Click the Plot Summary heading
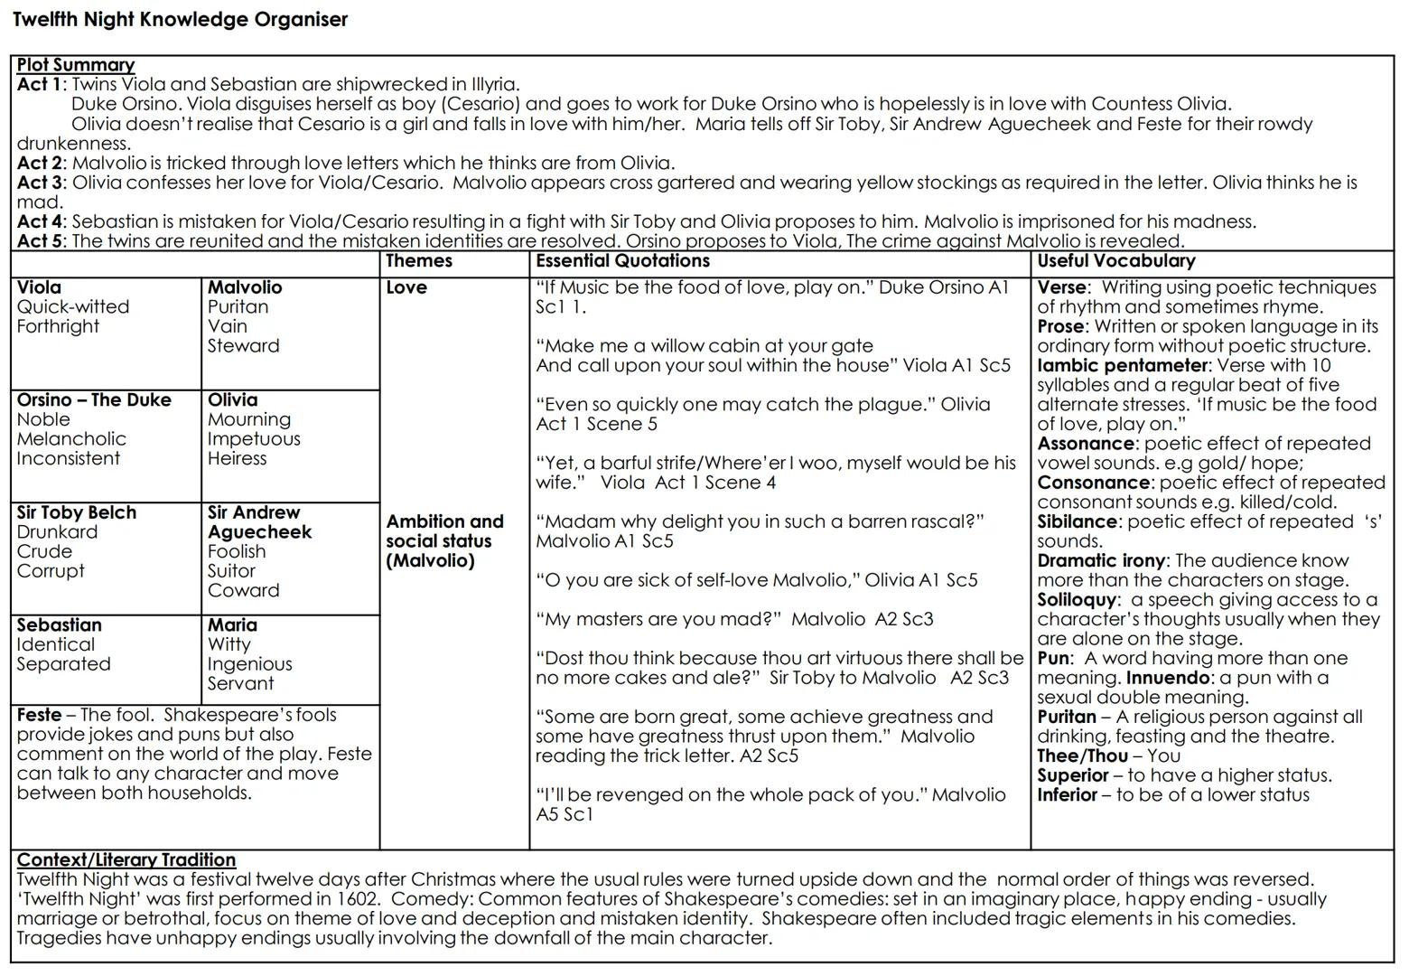pyautogui.click(x=76, y=65)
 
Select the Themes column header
pyautogui.click(x=419, y=261)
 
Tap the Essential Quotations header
pyautogui.click(x=622, y=261)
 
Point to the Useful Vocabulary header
pyautogui.click(x=1115, y=261)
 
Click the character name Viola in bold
pyautogui.click(x=39, y=287)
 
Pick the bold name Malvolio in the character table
pyautogui.click(x=245, y=287)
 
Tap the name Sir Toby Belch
pyautogui.click(x=76, y=512)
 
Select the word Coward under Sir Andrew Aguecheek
pyautogui.click(x=243, y=590)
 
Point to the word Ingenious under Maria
pyautogui.click(x=249, y=664)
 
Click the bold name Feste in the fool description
pyautogui.click(x=39, y=715)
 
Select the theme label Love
pyautogui.click(x=406, y=287)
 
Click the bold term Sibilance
pyautogui.click(x=1077, y=521)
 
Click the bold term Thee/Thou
pyautogui.click(x=1082, y=756)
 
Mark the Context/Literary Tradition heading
pyautogui.click(x=126, y=860)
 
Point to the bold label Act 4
pyautogui.click(x=41, y=221)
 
